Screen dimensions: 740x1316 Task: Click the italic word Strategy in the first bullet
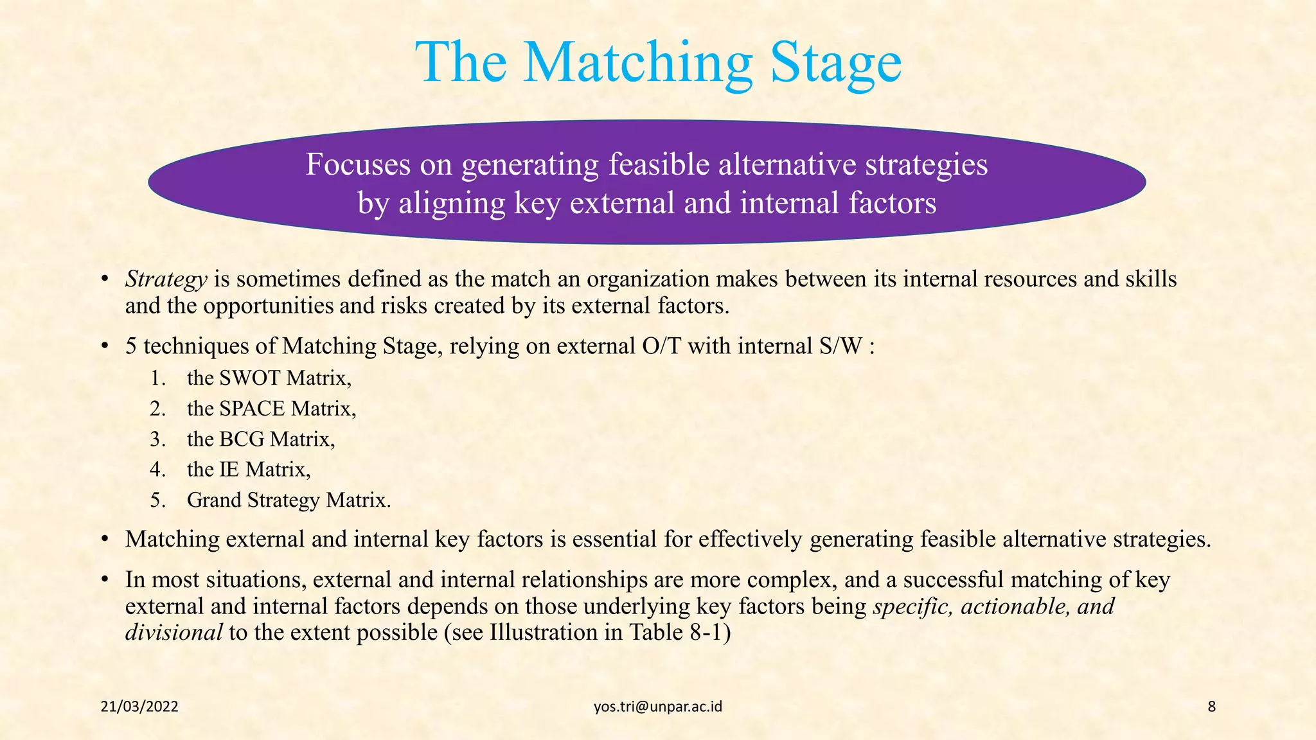tap(166, 279)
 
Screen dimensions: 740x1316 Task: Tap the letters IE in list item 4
tap(229, 470)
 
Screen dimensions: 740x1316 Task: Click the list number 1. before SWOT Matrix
tap(158, 378)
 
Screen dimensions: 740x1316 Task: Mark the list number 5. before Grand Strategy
tap(158, 500)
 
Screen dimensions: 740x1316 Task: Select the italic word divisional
tap(173, 632)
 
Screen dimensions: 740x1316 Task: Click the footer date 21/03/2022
tap(139, 707)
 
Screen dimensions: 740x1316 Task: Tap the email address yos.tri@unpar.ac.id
tap(657, 707)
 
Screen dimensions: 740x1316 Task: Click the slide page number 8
tap(1211, 707)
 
